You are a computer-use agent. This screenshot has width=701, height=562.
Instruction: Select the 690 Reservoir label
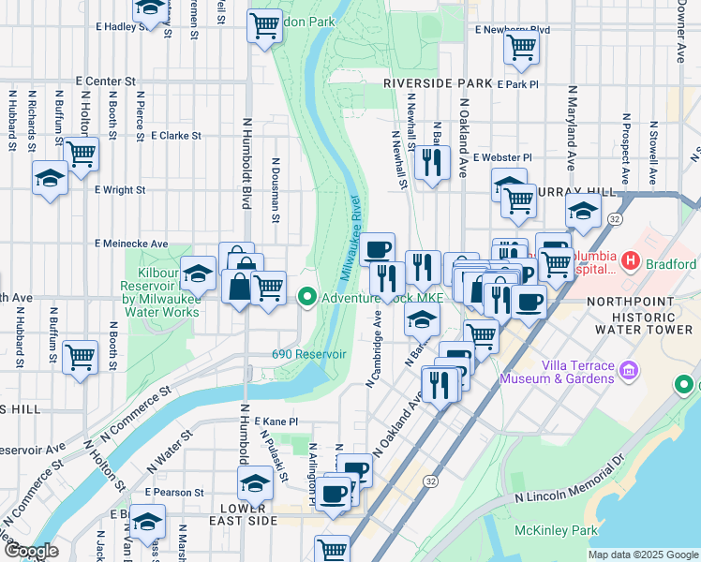[x=309, y=354]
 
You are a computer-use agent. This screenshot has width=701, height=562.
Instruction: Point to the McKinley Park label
[x=556, y=530]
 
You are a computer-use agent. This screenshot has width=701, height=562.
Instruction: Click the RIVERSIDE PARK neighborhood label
[x=438, y=83]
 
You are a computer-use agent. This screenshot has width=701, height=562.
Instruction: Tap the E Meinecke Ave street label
[x=131, y=244]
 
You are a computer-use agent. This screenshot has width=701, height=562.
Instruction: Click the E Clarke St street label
[x=175, y=135]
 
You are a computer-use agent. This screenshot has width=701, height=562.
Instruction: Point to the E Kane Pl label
[x=275, y=421]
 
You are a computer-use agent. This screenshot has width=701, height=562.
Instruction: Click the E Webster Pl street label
[x=502, y=157]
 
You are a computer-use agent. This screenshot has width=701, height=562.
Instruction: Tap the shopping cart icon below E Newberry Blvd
[x=521, y=47]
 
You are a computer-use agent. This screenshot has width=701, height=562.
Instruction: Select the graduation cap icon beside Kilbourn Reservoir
[x=198, y=274]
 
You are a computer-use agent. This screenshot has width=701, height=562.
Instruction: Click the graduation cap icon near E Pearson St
[x=254, y=482]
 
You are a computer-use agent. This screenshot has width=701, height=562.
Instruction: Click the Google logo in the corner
[x=30, y=551]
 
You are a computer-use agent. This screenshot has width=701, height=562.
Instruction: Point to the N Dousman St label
[x=276, y=196]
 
